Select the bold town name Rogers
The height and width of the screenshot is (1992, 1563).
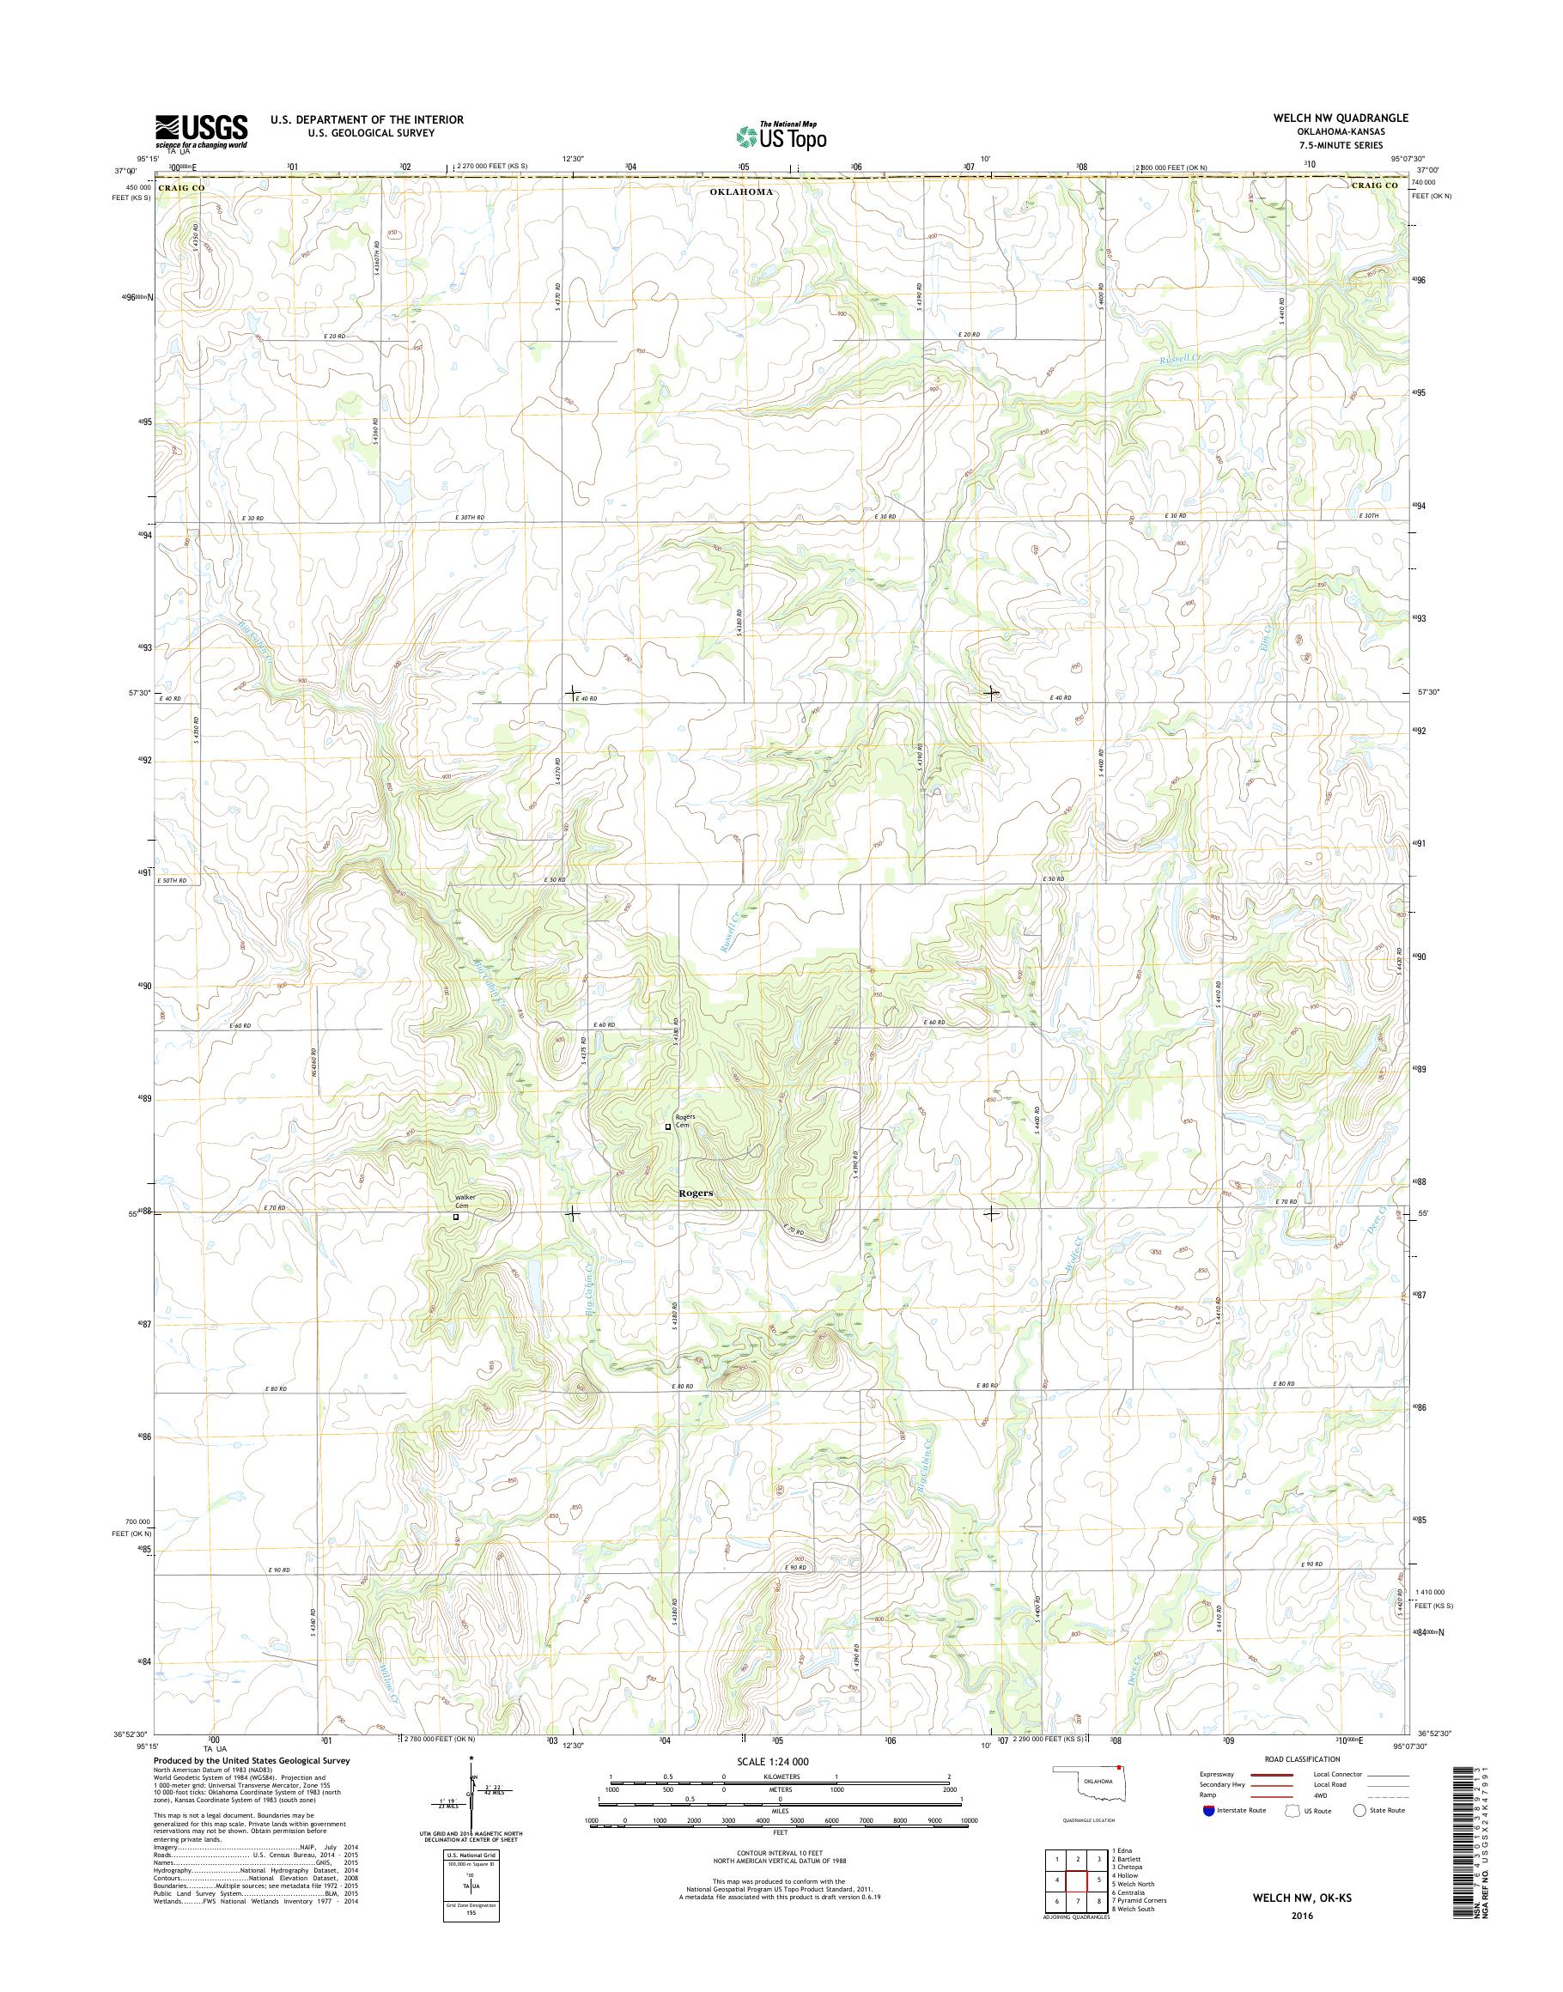[x=696, y=1193]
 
